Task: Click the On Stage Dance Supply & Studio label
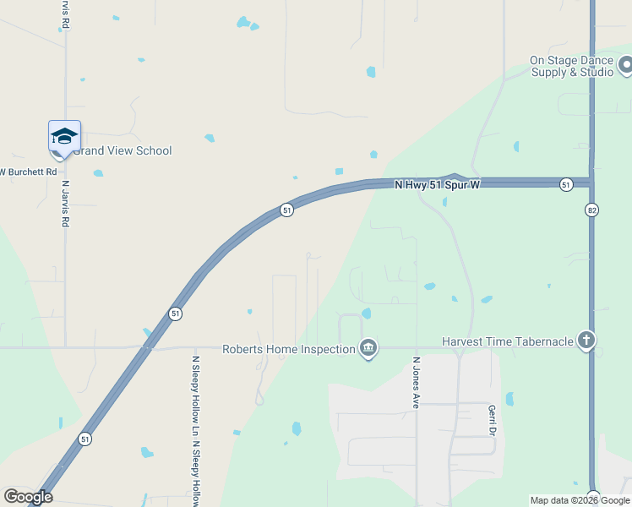tap(572, 66)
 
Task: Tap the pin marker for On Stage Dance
tap(624, 64)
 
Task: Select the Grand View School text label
tap(122, 151)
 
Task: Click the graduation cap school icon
tap(64, 137)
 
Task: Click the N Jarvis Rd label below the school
tap(65, 203)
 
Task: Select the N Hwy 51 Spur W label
tap(437, 183)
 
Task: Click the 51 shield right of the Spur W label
tap(565, 183)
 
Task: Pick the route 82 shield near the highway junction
tap(591, 208)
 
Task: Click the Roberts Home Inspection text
tap(288, 349)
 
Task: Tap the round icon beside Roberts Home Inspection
tap(368, 348)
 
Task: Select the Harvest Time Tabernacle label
tap(507, 342)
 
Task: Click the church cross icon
tap(586, 341)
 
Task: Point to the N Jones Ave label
tap(416, 383)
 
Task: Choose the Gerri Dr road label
tap(491, 419)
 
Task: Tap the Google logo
tap(28, 497)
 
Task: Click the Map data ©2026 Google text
tap(580, 500)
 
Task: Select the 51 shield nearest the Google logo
tap(84, 439)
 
